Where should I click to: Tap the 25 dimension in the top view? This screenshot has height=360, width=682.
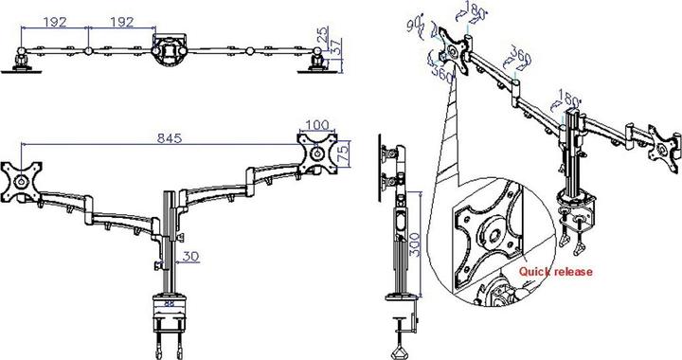(x=324, y=35)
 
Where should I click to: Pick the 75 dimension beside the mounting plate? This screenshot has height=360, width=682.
(x=346, y=152)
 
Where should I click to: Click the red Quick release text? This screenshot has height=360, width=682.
(x=555, y=273)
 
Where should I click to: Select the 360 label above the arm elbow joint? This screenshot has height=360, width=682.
(x=518, y=53)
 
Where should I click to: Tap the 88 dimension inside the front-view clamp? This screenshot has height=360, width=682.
(x=168, y=303)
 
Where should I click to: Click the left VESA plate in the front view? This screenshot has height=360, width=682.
(x=20, y=176)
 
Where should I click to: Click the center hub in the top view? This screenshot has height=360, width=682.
(x=169, y=50)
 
